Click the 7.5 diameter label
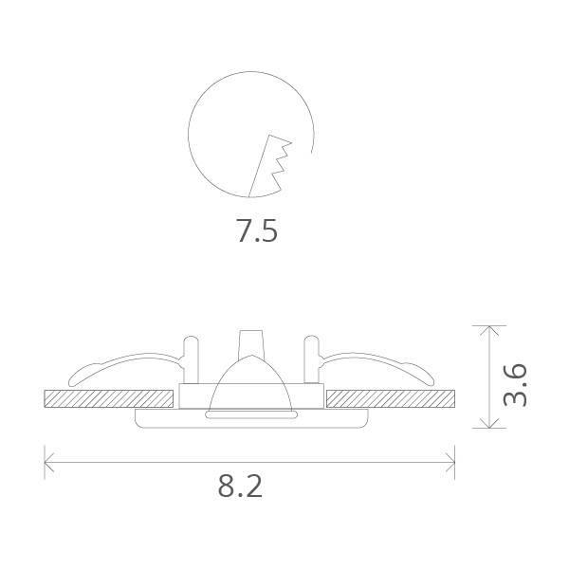(x=257, y=231)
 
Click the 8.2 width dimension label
(x=240, y=486)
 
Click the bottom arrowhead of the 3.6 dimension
(x=489, y=424)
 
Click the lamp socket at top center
(x=250, y=343)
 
